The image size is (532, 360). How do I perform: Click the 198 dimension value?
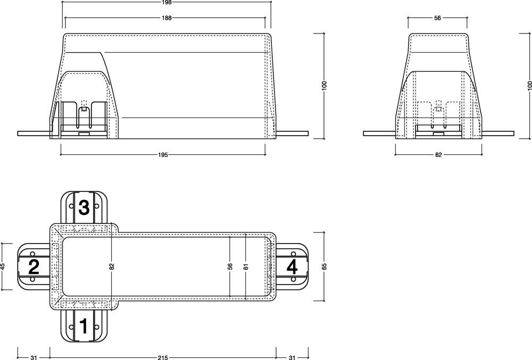pyautogui.click(x=167, y=2)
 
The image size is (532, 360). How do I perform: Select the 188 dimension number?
pyautogui.click(x=167, y=18)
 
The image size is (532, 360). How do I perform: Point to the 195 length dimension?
pyautogui.click(x=163, y=155)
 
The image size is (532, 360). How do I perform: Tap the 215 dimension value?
pyautogui.click(x=163, y=357)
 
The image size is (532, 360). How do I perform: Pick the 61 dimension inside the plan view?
pyautogui.click(x=246, y=266)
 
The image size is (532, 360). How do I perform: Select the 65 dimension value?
pyautogui.click(x=324, y=266)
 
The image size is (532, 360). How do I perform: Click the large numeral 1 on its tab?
pyautogui.click(x=84, y=326)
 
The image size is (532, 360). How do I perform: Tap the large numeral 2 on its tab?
pyautogui.click(x=34, y=266)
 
